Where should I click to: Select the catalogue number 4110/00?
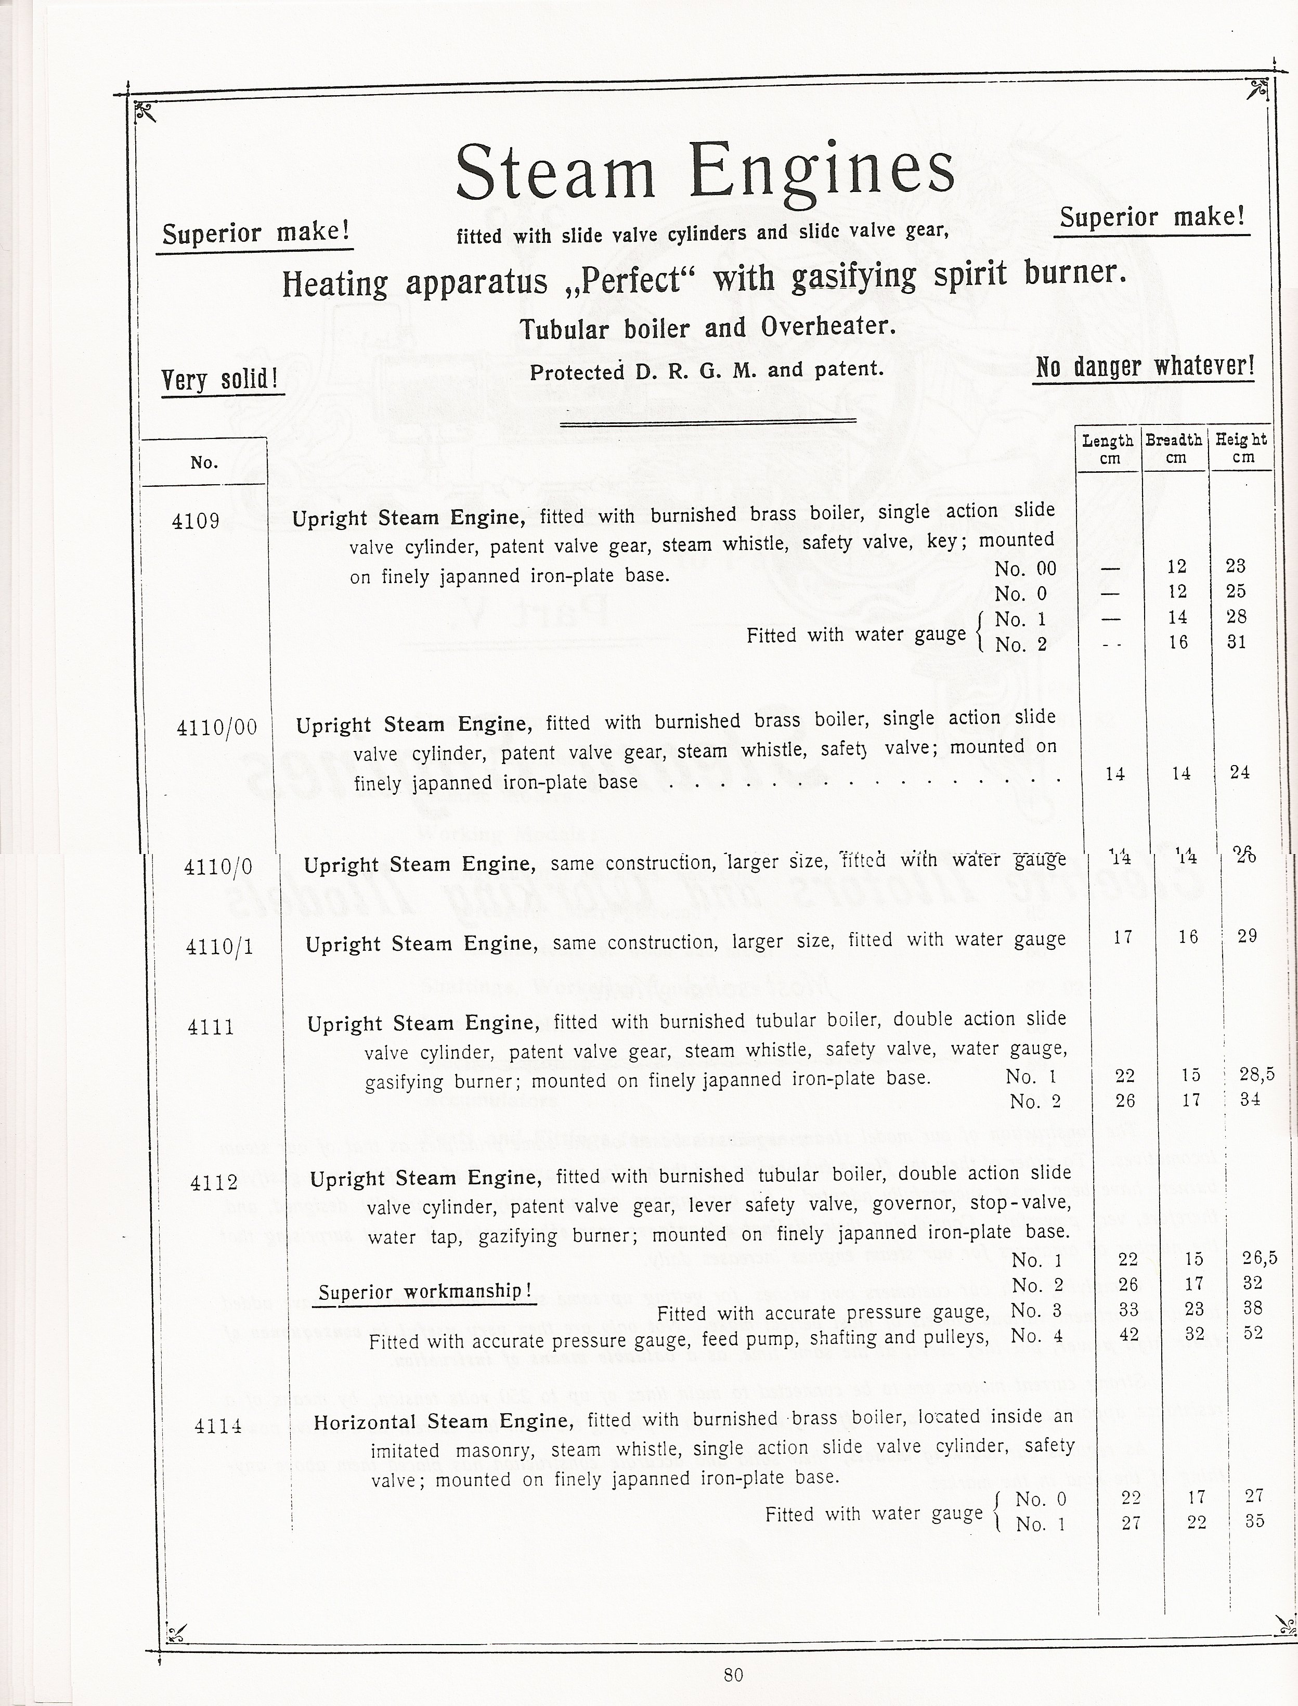pos(217,728)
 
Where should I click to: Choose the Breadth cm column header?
pos(1174,449)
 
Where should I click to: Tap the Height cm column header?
pos(1241,449)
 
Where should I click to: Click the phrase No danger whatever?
pos(1144,366)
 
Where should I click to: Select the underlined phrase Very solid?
pos(220,380)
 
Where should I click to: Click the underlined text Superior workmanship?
pos(424,1291)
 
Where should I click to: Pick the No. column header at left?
pos(204,463)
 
